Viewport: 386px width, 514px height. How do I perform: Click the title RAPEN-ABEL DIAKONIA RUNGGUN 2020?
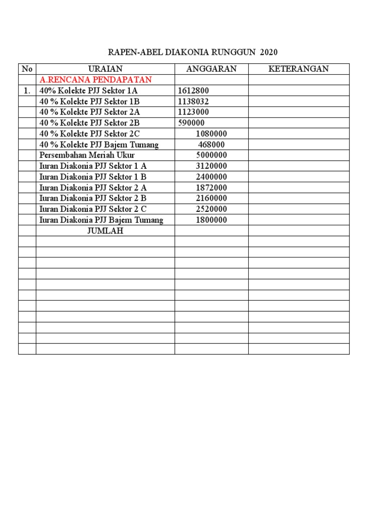193,52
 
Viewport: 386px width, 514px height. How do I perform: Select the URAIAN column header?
105,69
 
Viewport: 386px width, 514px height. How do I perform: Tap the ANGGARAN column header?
211,69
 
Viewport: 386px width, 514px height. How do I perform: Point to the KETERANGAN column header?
299,69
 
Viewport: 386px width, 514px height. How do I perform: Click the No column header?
27,69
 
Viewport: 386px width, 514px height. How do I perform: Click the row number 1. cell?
27,91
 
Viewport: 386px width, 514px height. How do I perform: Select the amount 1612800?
194,91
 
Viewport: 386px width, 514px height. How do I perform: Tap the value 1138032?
194,101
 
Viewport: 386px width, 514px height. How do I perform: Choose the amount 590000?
191,123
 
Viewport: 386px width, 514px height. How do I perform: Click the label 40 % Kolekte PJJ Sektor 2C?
89,134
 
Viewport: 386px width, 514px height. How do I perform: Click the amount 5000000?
211,155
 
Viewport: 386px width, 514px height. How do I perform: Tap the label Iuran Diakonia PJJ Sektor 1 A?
93,166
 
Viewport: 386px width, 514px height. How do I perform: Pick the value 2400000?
211,177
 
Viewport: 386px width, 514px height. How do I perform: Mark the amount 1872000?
211,188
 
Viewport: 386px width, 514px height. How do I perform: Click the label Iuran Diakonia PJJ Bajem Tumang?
101,220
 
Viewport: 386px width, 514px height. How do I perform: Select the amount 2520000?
211,209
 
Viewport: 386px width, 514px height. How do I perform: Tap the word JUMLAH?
105,231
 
